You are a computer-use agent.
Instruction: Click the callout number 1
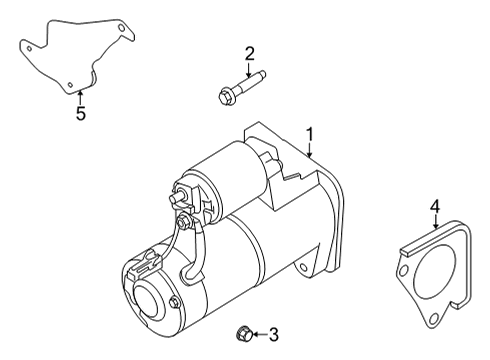[x=310, y=133]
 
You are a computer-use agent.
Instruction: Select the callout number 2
[x=250, y=53]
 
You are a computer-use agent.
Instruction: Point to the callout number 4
[x=435, y=207]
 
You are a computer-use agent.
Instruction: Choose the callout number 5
[x=81, y=114]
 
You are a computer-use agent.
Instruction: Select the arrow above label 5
[x=81, y=97]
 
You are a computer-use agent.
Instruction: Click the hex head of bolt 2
[x=224, y=96]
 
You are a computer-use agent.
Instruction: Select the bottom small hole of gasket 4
[x=433, y=320]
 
